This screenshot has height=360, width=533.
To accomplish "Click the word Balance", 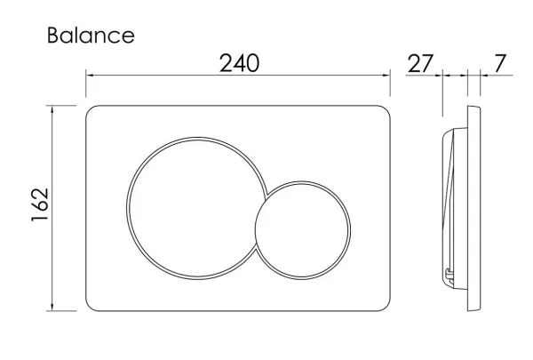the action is (91, 36).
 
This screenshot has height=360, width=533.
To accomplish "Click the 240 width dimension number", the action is (239, 63).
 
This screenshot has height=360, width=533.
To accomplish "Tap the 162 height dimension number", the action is (40, 204).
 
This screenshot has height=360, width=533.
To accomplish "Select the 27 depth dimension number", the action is (420, 63).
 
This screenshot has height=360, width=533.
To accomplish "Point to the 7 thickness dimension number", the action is (499, 63).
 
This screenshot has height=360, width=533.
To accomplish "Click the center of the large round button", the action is (196, 208).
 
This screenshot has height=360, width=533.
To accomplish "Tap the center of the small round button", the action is (303, 230).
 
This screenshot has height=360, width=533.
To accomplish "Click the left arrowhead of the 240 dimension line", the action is (90, 76).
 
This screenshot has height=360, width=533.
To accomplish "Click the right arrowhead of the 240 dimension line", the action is (386, 76).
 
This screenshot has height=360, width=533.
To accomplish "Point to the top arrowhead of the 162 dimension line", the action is (52, 109).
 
